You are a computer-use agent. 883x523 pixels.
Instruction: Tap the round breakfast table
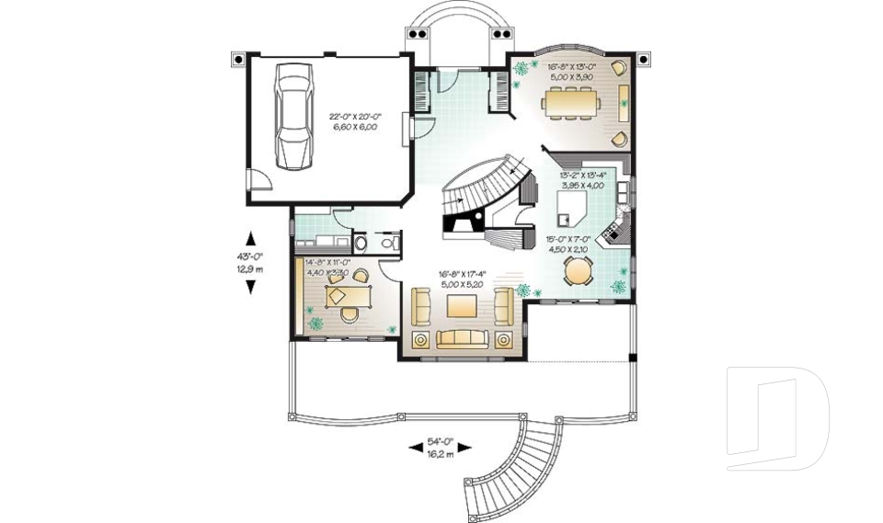[578, 270]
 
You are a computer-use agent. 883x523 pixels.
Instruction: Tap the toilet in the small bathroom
[363, 244]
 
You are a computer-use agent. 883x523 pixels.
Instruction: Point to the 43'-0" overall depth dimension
[250, 256]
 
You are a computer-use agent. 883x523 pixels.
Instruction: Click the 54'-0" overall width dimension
[440, 442]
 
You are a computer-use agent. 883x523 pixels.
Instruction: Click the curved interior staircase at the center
[483, 188]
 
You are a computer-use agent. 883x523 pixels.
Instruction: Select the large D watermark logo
[777, 418]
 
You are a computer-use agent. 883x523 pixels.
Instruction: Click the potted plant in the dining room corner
[522, 68]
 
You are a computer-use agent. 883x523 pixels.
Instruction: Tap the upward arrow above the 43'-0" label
[250, 234]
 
